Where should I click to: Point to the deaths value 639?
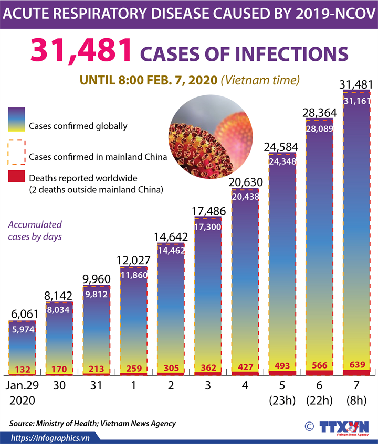356,365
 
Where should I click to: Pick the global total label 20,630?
245,181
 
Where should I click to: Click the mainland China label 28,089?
319,128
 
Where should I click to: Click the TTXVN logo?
343,427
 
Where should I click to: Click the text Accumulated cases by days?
35,230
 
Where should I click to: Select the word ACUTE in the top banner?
29,14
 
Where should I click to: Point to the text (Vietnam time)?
260,80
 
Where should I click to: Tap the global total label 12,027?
133,259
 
